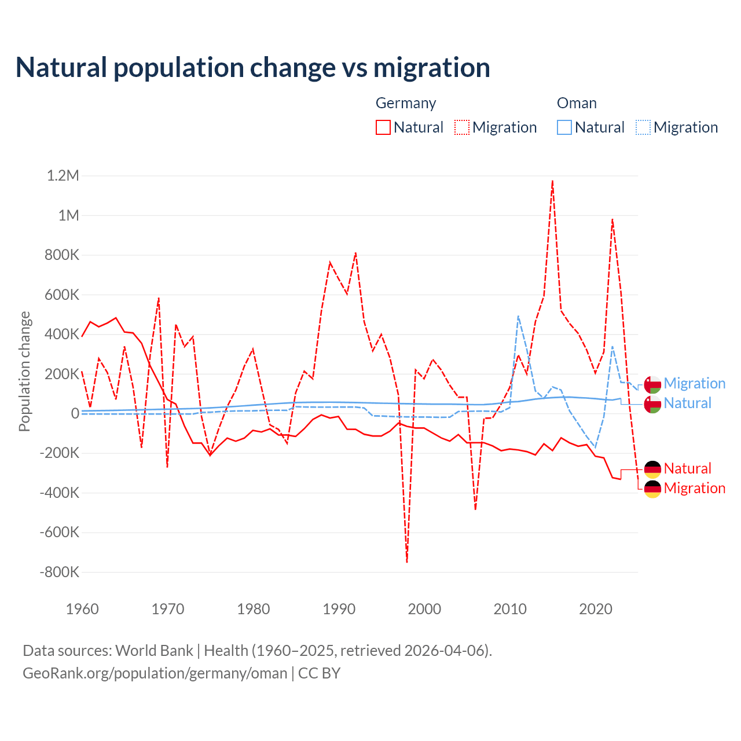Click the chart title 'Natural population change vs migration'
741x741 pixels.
click(x=253, y=68)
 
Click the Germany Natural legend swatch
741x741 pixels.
click(x=383, y=127)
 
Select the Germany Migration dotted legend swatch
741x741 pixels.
click(x=462, y=127)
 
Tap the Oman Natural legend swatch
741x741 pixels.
click(x=564, y=127)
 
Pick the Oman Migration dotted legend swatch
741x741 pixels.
click(x=643, y=127)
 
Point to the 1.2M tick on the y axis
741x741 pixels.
click(x=63, y=175)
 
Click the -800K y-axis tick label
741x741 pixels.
click(x=59, y=572)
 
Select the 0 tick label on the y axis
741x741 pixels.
click(x=75, y=413)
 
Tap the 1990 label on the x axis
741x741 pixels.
click(x=339, y=609)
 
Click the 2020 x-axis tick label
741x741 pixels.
click(x=596, y=609)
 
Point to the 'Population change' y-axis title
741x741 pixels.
click(x=24, y=372)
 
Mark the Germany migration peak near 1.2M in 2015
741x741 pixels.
click(x=553, y=181)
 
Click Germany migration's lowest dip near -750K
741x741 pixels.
click(x=407, y=562)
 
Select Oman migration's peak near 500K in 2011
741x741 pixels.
click(x=518, y=316)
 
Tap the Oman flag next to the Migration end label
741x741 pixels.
click(x=652, y=384)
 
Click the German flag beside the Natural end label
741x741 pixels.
click(x=652, y=469)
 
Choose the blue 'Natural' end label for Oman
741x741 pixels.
click(x=687, y=403)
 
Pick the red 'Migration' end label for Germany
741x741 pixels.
click(x=694, y=489)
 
